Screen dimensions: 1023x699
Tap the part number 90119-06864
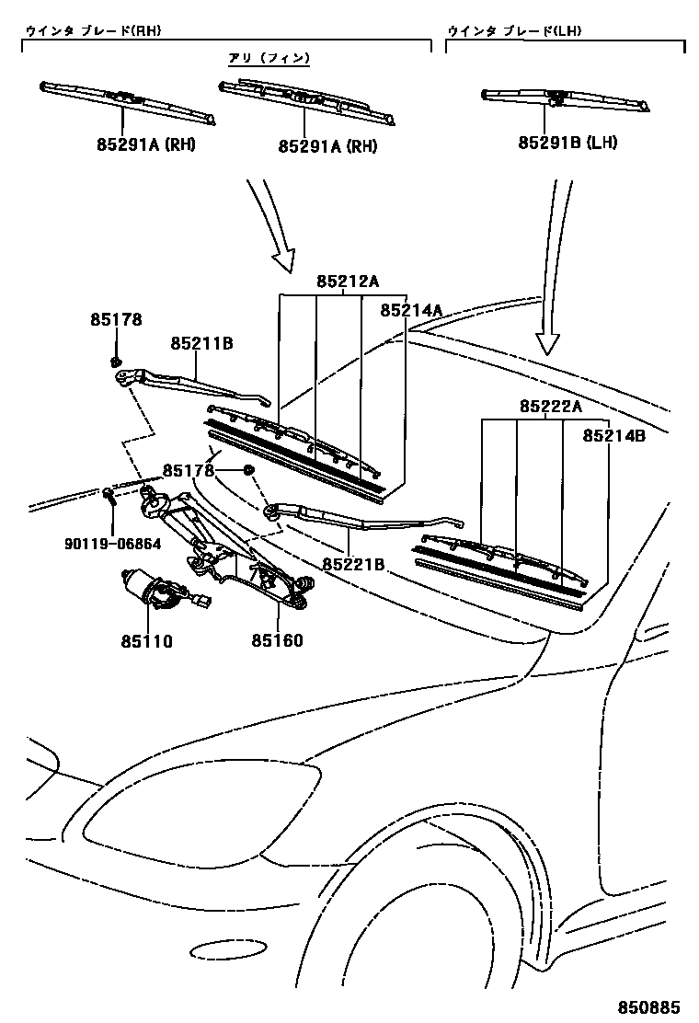coord(113,544)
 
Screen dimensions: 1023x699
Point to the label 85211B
coord(201,343)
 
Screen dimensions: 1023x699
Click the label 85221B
coord(353,563)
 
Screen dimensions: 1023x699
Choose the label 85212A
coord(348,282)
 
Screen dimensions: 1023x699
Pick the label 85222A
coord(551,406)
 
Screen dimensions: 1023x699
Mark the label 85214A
coord(411,311)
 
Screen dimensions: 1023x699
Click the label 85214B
coord(613,436)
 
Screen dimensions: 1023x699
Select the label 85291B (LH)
coord(567,143)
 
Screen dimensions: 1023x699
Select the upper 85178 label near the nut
coord(116,319)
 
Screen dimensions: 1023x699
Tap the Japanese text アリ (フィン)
coord(269,58)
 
